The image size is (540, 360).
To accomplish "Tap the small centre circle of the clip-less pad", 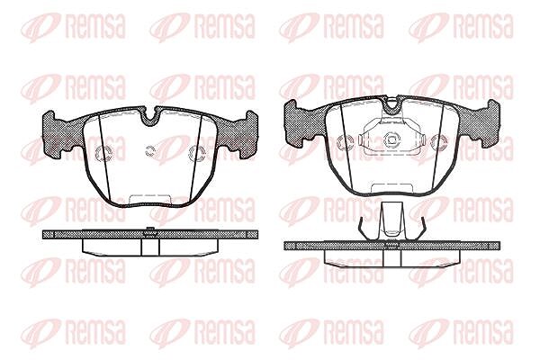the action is coord(149,151).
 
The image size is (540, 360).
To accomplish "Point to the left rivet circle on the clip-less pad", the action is coord(103,153).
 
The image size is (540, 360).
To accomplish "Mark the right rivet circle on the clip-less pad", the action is coord(196,153).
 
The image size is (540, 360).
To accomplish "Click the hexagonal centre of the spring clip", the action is coord(391,139).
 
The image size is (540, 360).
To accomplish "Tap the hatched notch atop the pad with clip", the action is coord(391,107).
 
